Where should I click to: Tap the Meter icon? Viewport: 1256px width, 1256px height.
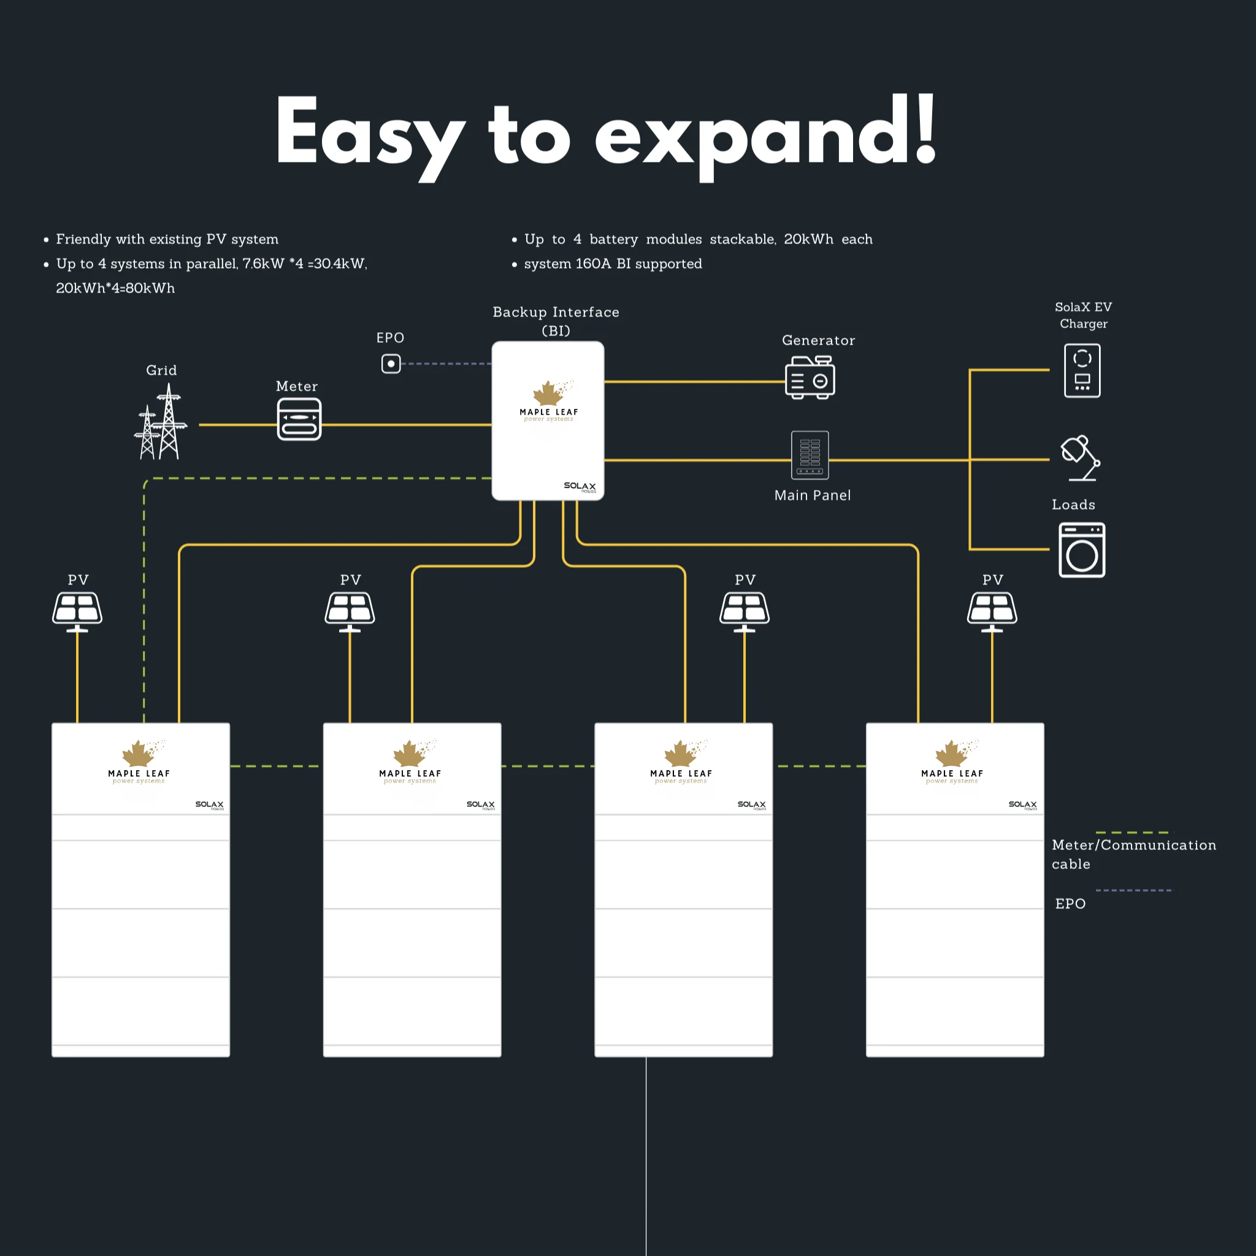tap(299, 419)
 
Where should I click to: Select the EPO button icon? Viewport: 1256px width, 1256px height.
tap(391, 364)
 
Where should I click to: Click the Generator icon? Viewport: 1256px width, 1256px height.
tap(810, 377)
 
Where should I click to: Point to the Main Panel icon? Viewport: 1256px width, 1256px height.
tap(810, 455)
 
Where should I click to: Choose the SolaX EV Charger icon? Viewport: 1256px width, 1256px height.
tap(1082, 370)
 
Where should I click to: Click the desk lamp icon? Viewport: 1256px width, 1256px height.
tap(1081, 458)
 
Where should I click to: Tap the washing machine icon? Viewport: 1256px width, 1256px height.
tap(1082, 550)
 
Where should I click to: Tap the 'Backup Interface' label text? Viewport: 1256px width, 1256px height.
tap(556, 312)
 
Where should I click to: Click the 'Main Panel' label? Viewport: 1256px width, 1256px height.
tap(813, 496)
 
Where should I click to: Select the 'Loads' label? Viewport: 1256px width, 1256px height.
tap(1073, 505)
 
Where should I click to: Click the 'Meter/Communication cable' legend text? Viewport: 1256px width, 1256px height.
tap(1134, 854)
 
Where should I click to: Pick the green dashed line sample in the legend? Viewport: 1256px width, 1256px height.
tap(1135, 832)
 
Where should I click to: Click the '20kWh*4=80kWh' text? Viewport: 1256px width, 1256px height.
tap(115, 288)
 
